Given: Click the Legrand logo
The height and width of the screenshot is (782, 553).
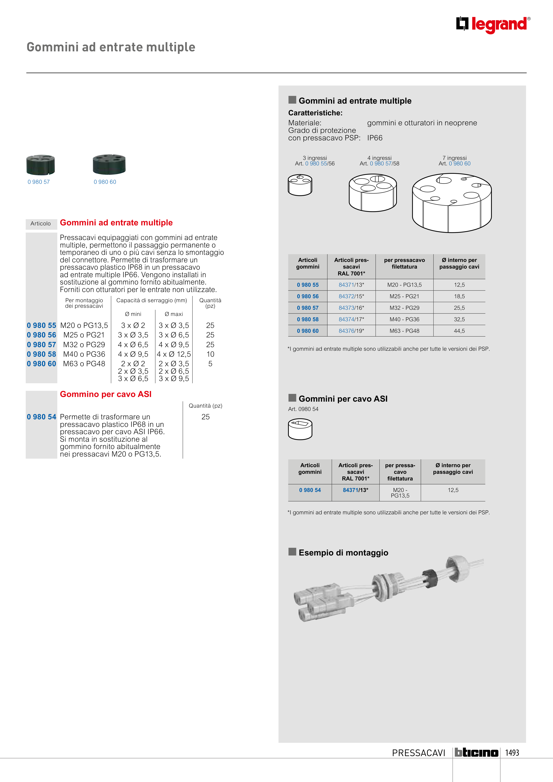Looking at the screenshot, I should click(x=493, y=25).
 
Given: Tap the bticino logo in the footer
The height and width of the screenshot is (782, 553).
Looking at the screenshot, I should click(x=476, y=752).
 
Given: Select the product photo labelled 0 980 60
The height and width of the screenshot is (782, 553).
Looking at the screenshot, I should click(x=109, y=164).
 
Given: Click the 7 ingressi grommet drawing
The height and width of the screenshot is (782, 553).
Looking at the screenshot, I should click(x=452, y=203).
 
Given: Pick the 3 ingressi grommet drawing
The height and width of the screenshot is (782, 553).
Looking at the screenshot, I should click(x=300, y=185).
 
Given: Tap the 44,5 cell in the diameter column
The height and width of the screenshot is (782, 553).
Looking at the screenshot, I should click(x=459, y=331).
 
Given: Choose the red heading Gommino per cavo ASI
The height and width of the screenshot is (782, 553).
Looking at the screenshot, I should click(x=106, y=394).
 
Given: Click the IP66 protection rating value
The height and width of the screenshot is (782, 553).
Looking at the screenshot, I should click(x=374, y=138).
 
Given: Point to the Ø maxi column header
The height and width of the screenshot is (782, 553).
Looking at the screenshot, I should click(x=174, y=314).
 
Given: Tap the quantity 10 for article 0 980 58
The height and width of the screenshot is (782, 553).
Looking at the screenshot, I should click(x=210, y=354).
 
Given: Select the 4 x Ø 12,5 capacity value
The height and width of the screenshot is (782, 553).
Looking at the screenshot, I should click(x=174, y=354).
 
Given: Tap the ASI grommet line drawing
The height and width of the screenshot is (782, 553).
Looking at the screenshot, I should click(x=300, y=429).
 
